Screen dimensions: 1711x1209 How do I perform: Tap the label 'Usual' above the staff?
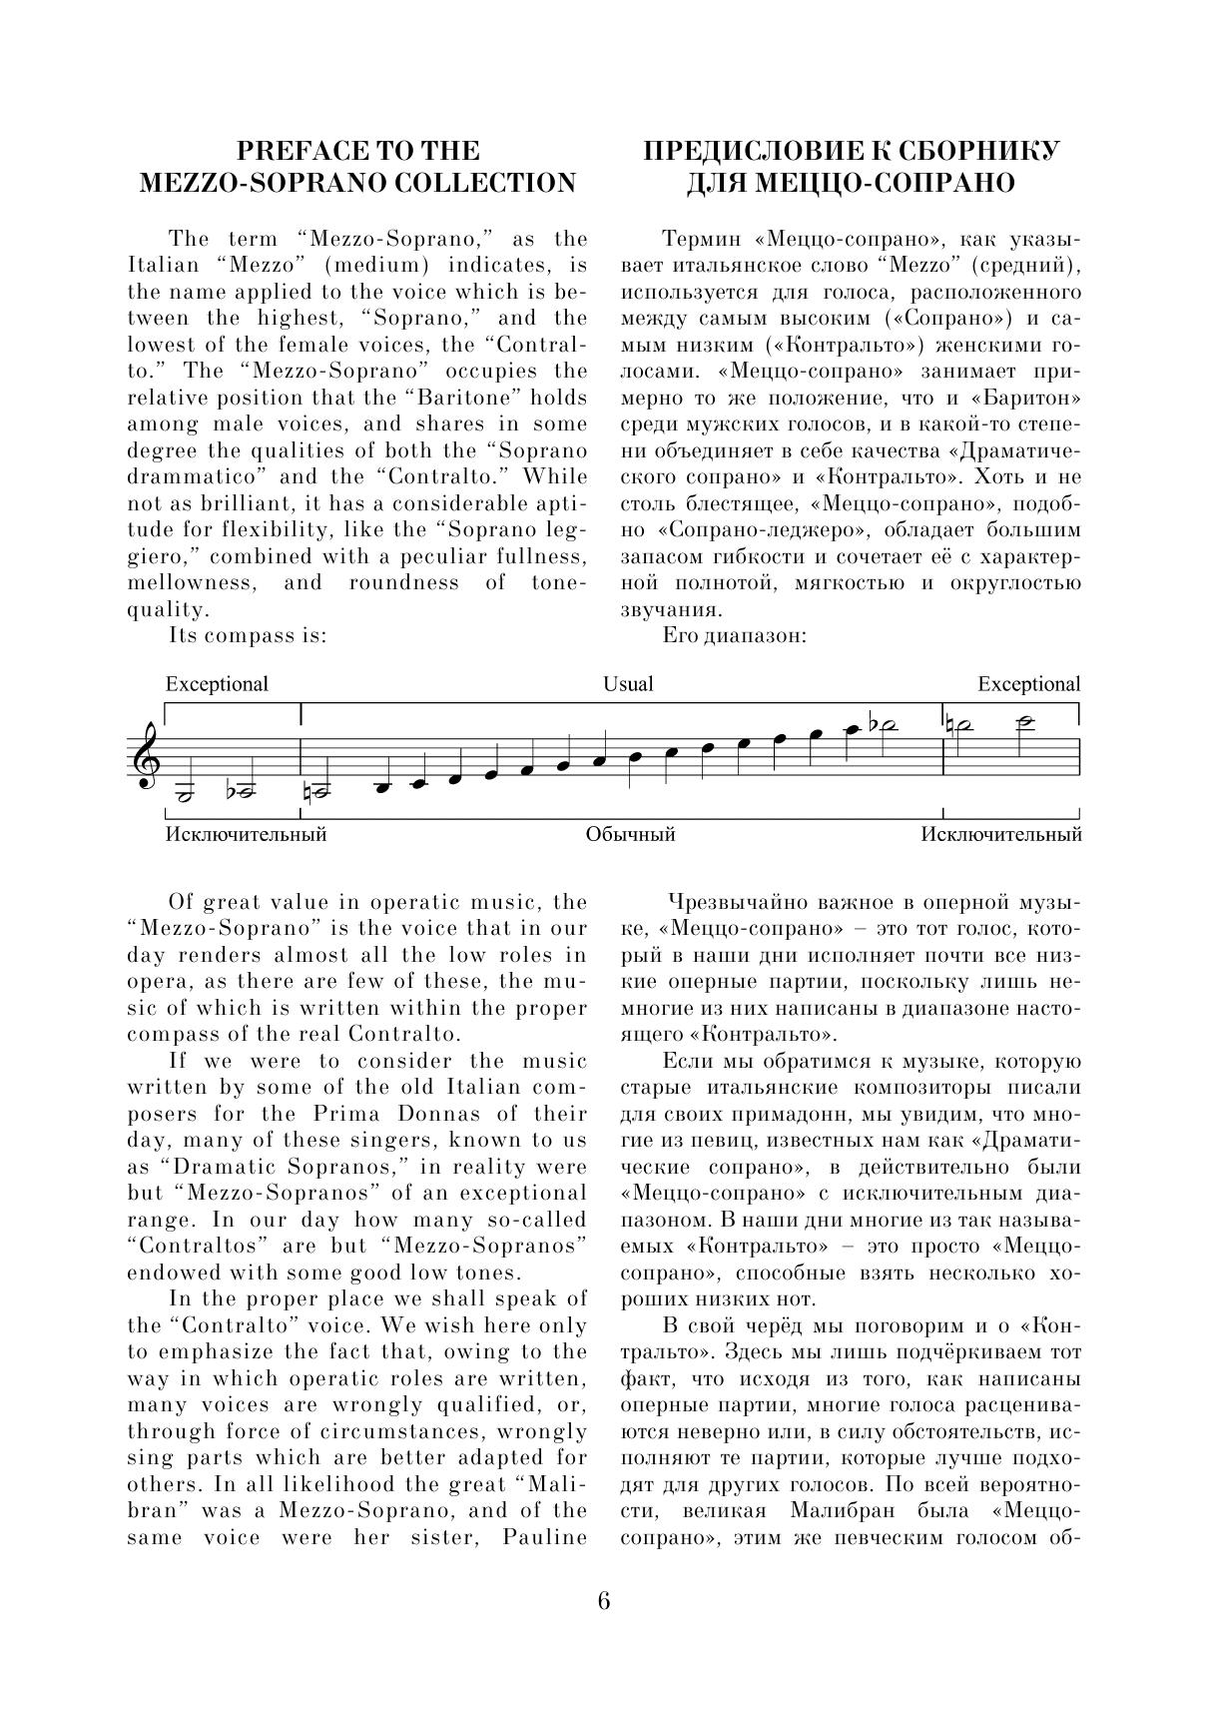[628, 684]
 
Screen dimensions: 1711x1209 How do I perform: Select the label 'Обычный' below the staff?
[630, 834]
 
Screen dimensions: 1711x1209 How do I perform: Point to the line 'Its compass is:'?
[248, 635]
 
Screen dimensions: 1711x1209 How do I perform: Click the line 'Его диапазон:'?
[734, 635]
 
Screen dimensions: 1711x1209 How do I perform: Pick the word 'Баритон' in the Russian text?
[1035, 398]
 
